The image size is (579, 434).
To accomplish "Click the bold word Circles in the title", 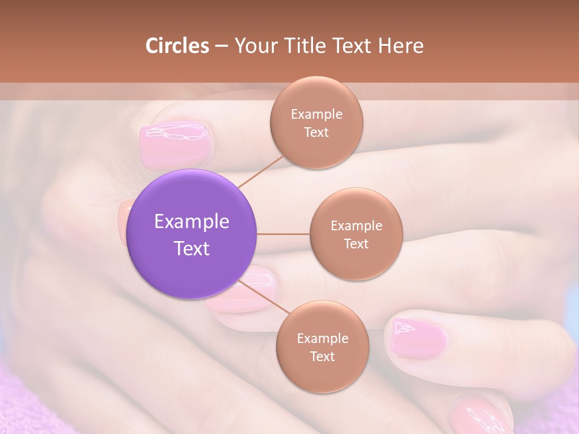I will (177, 46).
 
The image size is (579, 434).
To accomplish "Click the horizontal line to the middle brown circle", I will (283, 234).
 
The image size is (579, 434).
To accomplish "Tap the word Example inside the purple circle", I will (192, 222).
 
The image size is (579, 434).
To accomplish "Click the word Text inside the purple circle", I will (192, 248).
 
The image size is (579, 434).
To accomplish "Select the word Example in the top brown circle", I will (316, 115).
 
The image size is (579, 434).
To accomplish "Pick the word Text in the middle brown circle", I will (356, 244).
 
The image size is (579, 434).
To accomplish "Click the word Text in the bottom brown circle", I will (322, 357).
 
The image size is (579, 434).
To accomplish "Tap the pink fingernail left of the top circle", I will (175, 145).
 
